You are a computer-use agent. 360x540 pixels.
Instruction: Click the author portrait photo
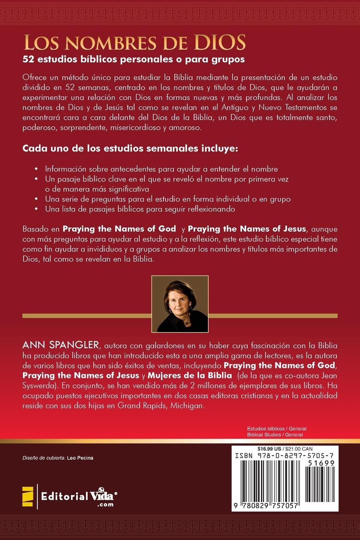(x=180, y=304)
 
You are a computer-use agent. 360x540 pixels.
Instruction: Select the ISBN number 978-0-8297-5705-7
(x=285, y=457)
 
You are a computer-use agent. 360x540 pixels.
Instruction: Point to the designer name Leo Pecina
(x=81, y=458)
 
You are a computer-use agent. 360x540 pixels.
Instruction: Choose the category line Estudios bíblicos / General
(x=277, y=429)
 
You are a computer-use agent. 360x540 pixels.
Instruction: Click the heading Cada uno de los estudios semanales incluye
(x=130, y=149)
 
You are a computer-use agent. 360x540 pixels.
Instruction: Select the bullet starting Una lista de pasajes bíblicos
(x=140, y=209)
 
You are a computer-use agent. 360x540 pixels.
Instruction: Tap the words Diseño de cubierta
(x=44, y=458)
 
